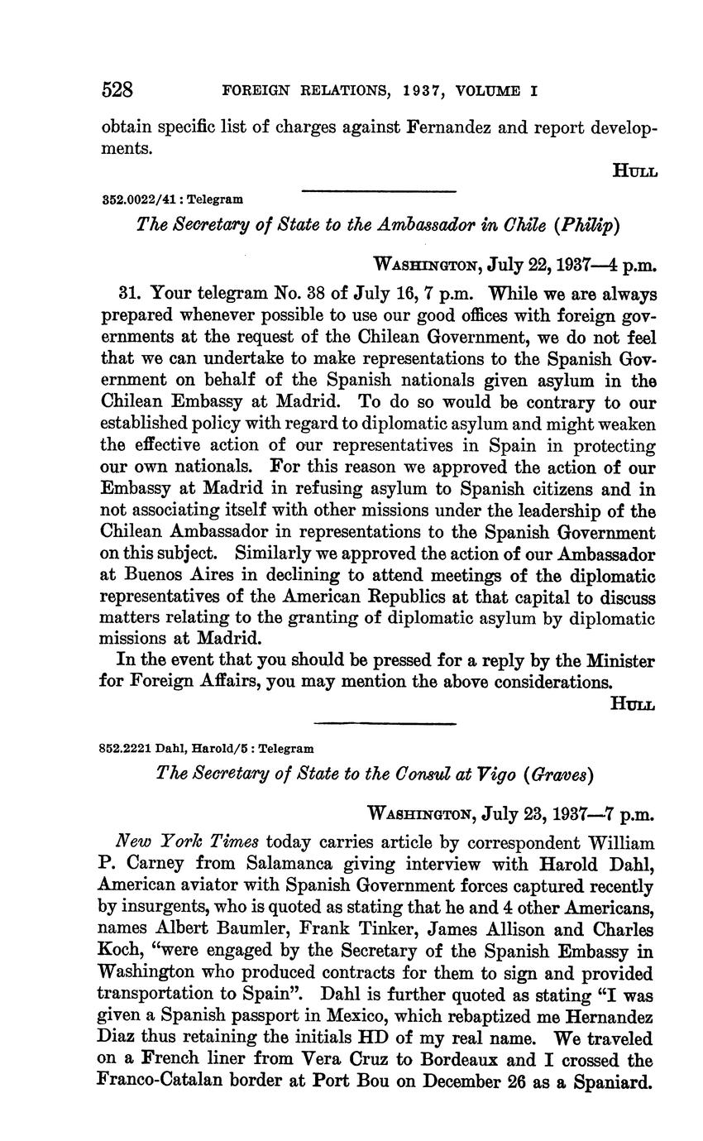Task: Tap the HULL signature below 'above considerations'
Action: click(x=633, y=703)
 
